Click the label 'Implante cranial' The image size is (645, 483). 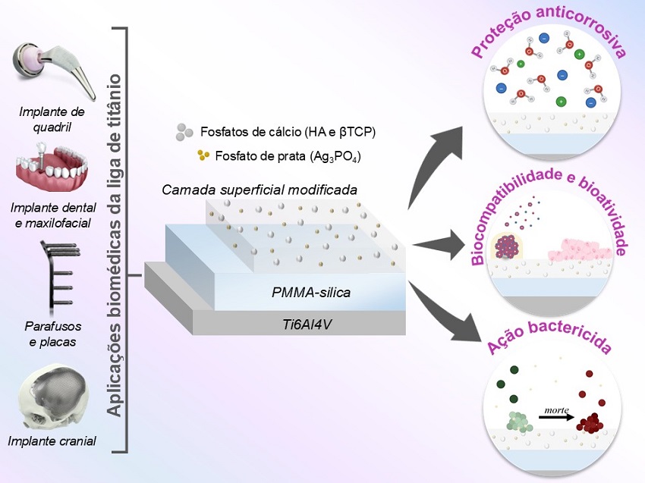point(52,441)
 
